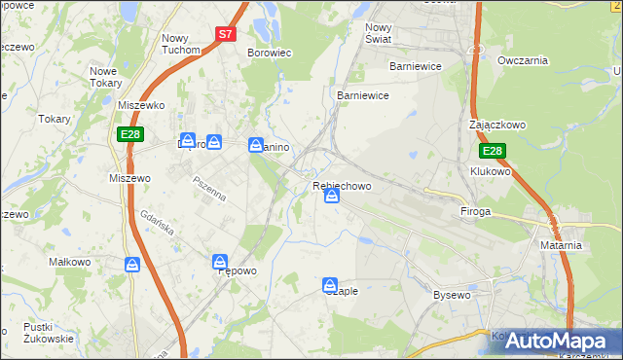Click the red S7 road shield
tap(226, 33)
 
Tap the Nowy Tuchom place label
tap(180, 43)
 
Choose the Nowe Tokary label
tap(110, 77)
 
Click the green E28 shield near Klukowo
tap(493, 151)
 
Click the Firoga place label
tap(476, 211)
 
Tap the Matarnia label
tap(561, 245)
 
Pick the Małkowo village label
tap(70, 262)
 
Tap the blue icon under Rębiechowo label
tap(332, 198)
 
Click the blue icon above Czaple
tap(331, 285)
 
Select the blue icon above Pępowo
tap(221, 262)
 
